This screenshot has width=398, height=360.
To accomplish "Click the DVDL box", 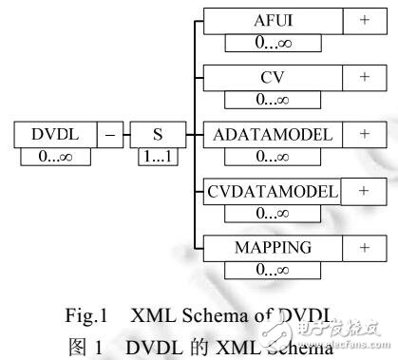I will [52, 135].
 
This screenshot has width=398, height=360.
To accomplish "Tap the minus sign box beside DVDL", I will [110, 135].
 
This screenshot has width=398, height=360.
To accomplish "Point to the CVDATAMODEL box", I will [272, 191].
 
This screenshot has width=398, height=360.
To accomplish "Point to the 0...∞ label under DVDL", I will [52, 156].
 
